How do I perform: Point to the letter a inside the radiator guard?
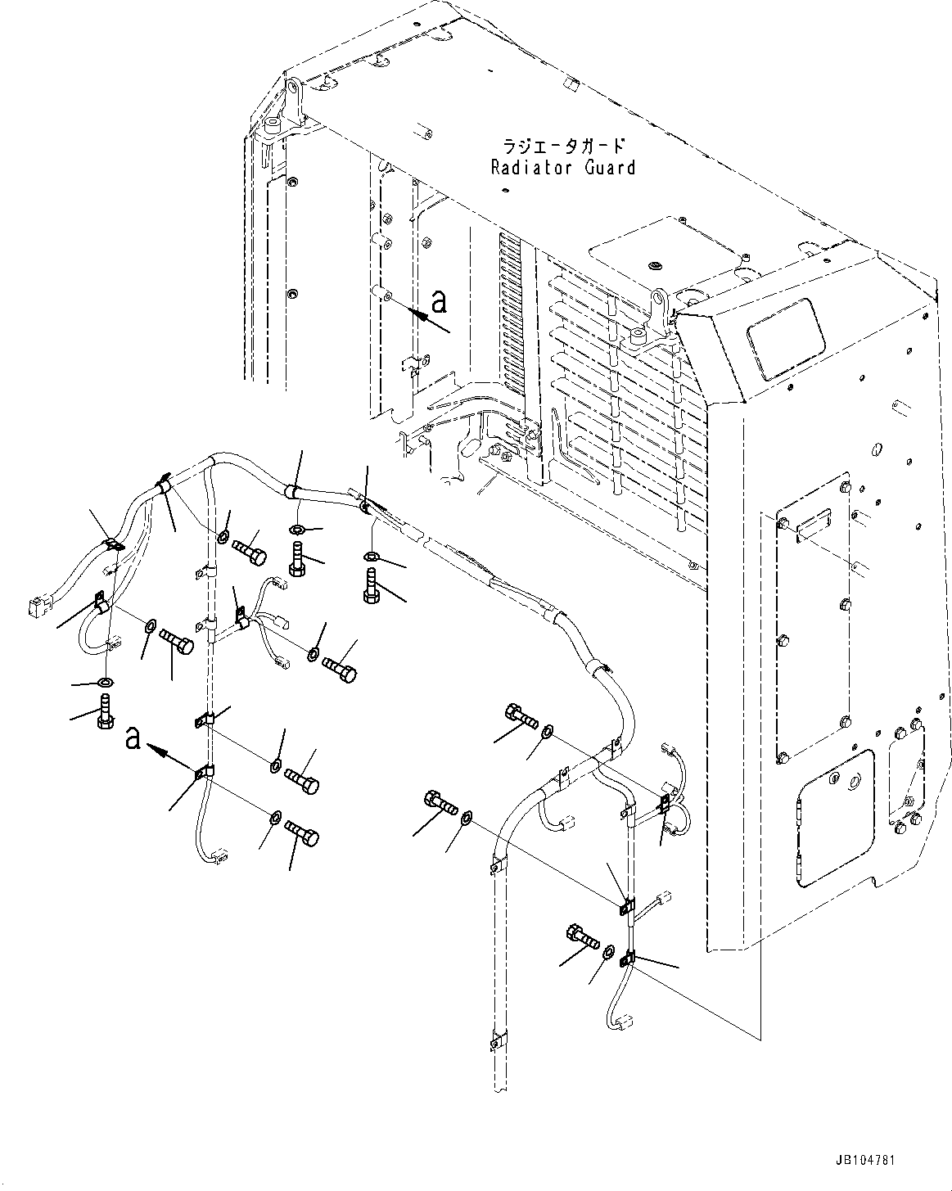click(440, 303)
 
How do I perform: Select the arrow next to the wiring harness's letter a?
click(171, 757)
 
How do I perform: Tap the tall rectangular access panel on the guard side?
click(813, 634)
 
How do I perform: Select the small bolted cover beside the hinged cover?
click(905, 774)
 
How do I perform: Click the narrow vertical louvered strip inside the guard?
click(509, 319)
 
